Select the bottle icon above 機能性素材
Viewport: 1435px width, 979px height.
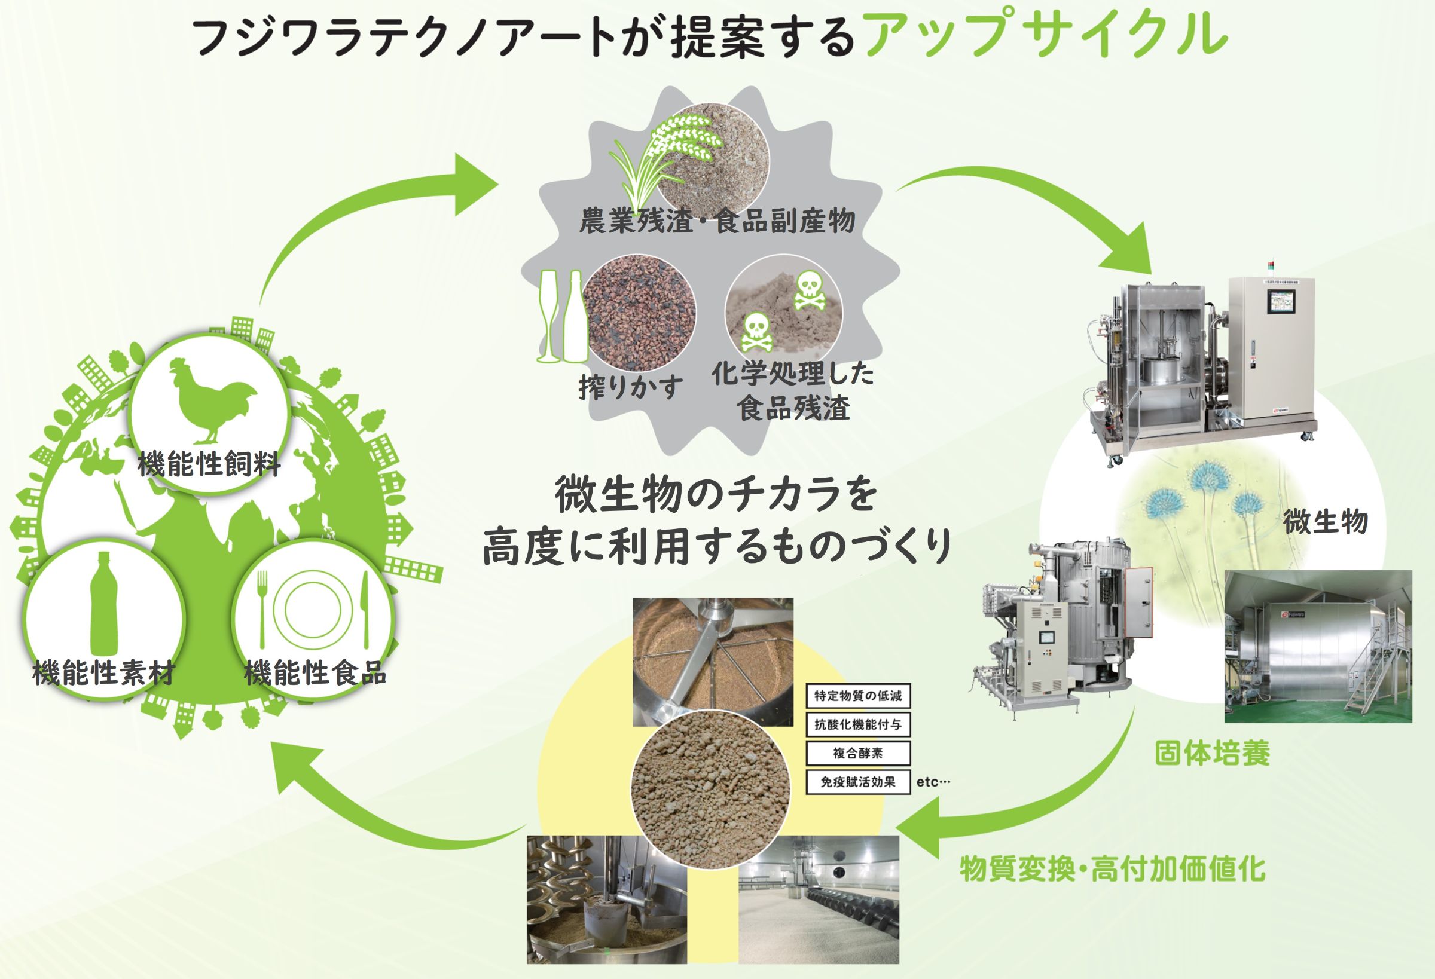coord(103,604)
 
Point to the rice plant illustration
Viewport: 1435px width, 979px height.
coord(664,152)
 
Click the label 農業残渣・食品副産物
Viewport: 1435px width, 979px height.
coord(717,221)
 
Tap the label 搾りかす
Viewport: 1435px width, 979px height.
coord(630,387)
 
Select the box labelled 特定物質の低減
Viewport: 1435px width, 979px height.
coord(857,696)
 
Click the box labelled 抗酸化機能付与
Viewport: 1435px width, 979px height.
coord(857,724)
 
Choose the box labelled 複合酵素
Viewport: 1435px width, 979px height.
coord(857,753)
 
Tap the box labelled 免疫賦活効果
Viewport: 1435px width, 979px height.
coord(857,782)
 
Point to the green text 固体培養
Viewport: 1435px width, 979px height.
coord(1211,754)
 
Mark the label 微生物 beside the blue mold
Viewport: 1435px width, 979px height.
coord(1325,522)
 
